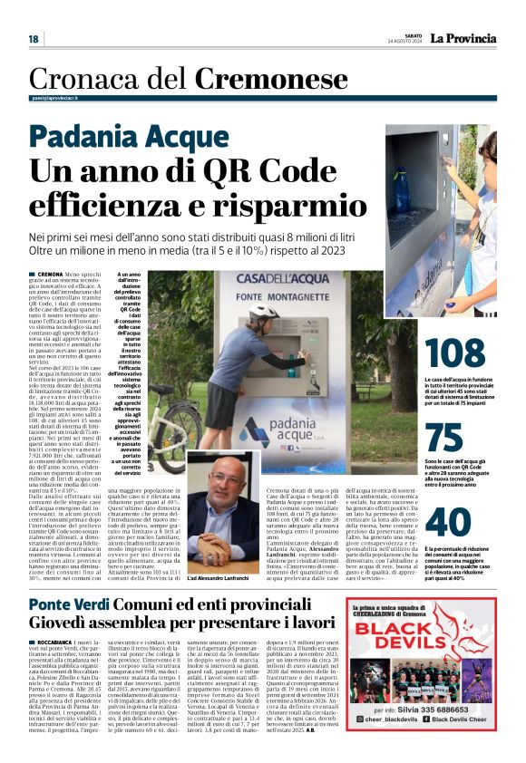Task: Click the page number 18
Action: tap(34, 38)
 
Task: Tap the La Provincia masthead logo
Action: tap(463, 38)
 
